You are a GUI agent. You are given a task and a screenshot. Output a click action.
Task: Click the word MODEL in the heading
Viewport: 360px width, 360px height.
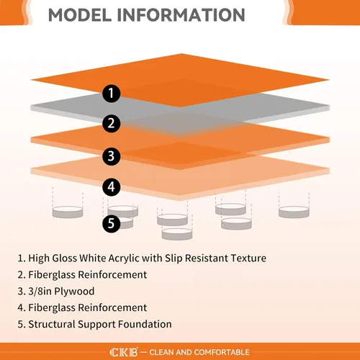[80, 15]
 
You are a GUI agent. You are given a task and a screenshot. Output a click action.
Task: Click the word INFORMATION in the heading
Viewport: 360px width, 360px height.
[181, 15]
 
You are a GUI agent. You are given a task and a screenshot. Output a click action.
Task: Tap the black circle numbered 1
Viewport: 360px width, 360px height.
[111, 94]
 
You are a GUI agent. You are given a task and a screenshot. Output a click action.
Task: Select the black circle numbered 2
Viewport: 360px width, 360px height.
[111, 123]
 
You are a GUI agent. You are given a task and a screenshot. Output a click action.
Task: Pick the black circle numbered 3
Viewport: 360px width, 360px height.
[111, 156]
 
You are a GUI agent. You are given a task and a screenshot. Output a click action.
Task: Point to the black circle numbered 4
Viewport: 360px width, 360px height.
[111, 187]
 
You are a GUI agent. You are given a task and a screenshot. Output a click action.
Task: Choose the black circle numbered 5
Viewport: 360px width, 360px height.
[111, 224]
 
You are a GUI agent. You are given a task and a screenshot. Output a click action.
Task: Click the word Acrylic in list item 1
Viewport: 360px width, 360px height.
[124, 258]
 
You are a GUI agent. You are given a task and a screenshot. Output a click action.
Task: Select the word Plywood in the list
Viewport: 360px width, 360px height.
[74, 292]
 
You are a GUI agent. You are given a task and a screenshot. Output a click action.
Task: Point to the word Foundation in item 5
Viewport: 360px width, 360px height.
[145, 324]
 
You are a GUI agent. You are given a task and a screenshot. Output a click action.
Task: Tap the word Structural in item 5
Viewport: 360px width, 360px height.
[52, 324]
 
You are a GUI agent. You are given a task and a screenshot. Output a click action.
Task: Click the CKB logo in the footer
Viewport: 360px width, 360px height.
[124, 352]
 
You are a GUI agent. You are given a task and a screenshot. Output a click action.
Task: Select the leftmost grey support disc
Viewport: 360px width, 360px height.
[68, 212]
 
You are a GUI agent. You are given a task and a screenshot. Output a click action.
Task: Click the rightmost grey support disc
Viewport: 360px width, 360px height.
[294, 212]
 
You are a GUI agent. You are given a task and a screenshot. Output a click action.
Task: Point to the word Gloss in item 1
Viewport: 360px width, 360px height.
[65, 258]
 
